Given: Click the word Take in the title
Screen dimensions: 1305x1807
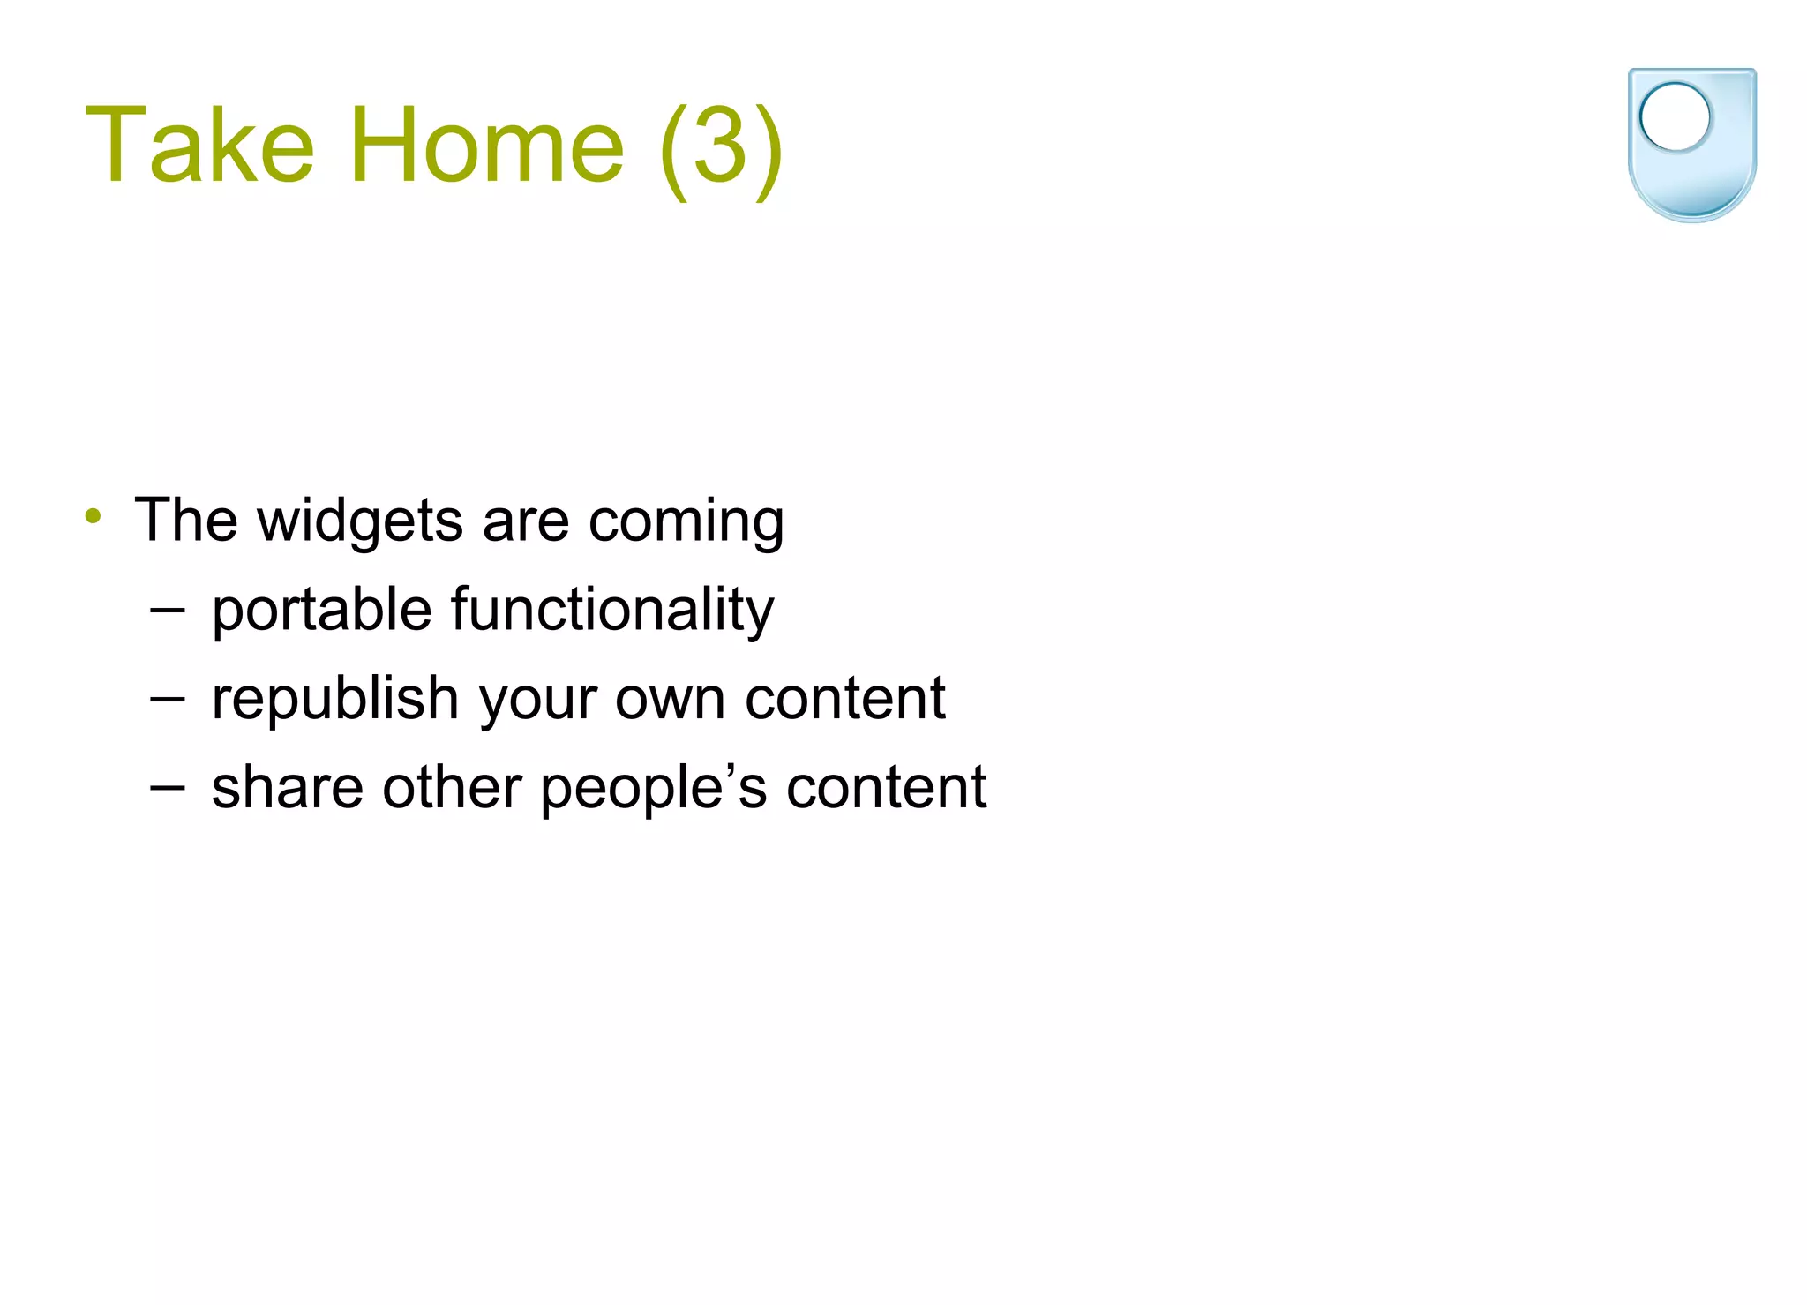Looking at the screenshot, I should point(199,146).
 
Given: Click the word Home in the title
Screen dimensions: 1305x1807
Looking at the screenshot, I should point(487,146).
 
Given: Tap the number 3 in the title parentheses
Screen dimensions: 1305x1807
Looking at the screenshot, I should point(720,146).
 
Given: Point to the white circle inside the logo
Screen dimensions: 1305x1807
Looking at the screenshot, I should point(1675,116).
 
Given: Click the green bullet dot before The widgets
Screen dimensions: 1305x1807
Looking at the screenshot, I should point(94,515).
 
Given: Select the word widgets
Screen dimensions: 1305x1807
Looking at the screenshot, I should point(360,521).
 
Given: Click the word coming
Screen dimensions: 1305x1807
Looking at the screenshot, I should point(686,521).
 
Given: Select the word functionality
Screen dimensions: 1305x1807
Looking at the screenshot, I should point(612,611).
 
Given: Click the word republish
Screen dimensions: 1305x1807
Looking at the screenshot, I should point(335,699).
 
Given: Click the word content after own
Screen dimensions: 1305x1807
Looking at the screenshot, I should point(844,699).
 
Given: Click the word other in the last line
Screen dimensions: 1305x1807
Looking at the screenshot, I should point(452,787).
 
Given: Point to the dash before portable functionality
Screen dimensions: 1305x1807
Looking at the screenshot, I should point(167,609).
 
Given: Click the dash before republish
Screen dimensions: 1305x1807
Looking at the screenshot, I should point(167,698).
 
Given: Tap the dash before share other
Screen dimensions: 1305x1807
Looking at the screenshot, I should point(167,786).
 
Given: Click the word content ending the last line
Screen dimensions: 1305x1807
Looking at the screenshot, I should point(886,787).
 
